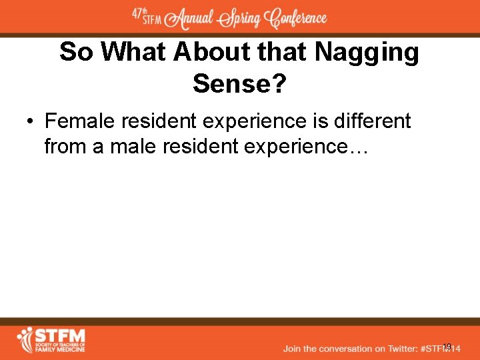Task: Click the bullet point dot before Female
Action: (x=31, y=123)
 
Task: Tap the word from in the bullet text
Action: (x=65, y=146)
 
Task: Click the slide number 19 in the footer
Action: (x=447, y=347)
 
